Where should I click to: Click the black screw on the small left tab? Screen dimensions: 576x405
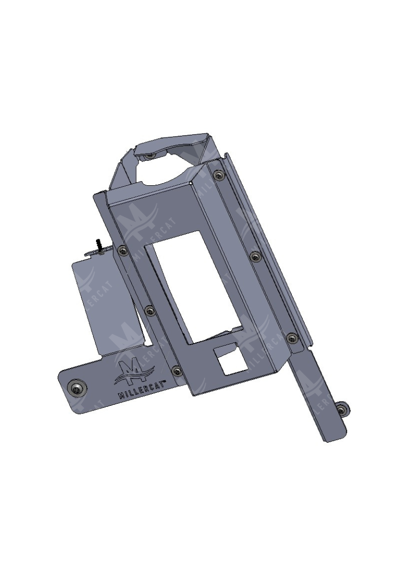coord(97,243)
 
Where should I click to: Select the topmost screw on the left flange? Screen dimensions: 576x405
coord(123,251)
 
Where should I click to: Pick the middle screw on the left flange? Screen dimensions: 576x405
coord(150,311)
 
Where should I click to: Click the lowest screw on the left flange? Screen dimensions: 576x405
coord(177,371)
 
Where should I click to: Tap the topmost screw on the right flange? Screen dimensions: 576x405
coord(221,176)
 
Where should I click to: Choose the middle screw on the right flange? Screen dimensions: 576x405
coord(255,256)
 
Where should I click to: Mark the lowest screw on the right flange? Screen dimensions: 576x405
coord(292,338)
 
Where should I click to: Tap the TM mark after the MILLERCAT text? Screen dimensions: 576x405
coord(164,380)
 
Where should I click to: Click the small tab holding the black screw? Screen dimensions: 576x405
coord(99,251)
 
